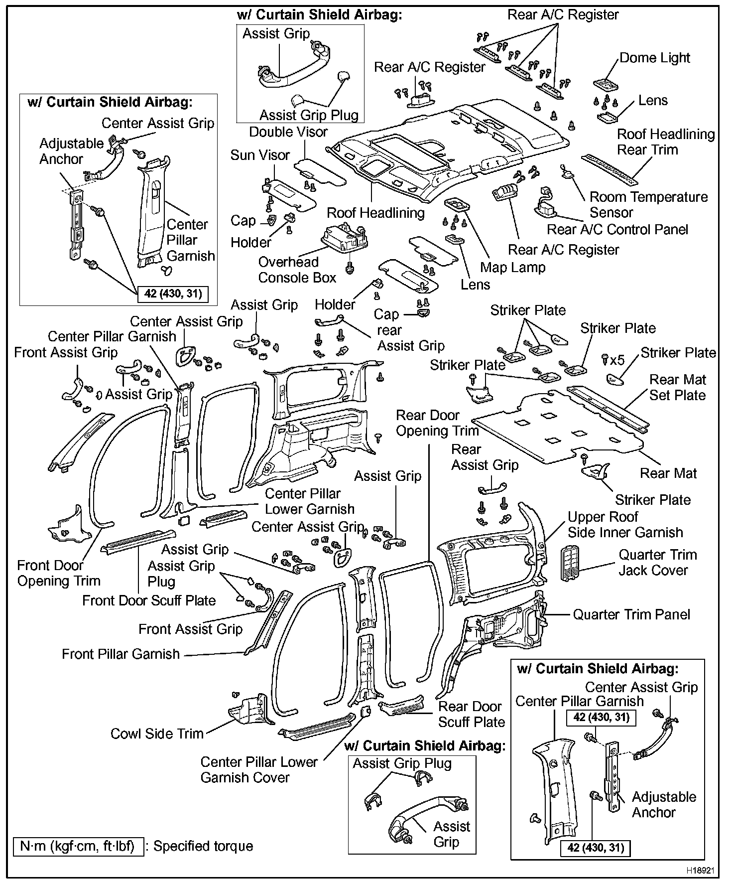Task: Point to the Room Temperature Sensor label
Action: pyautogui.click(x=648, y=205)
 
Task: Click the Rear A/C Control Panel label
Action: pyautogui.click(x=617, y=230)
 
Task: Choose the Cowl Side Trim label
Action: pyautogui.click(x=157, y=734)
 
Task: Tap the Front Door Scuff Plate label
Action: pyautogui.click(x=148, y=600)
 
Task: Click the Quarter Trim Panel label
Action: pyautogui.click(x=631, y=614)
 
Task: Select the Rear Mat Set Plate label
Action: pyautogui.click(x=677, y=388)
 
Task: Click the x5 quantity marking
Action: pyautogui.click(x=617, y=360)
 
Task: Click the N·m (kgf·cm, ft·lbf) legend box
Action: pyautogui.click(x=78, y=846)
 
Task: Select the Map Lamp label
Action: pyautogui.click(x=512, y=268)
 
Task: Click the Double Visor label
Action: pyautogui.click(x=288, y=132)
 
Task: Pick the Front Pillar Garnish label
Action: pyautogui.click(x=121, y=654)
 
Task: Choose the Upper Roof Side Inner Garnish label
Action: pyautogui.click(x=625, y=525)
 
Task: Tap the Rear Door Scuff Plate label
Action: pyautogui.click(x=471, y=714)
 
